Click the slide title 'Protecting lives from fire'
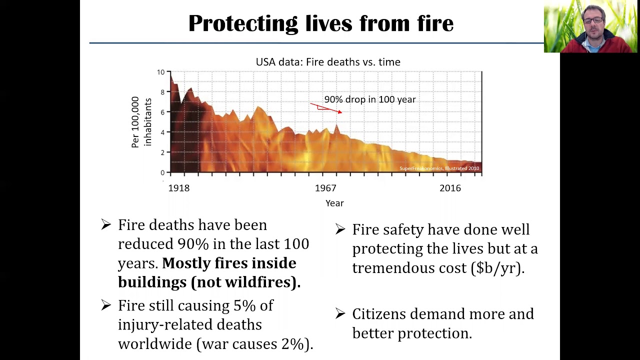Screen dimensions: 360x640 [320, 23]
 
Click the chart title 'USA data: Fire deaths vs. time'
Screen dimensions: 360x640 [328, 62]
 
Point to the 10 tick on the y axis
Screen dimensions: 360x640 [160, 72]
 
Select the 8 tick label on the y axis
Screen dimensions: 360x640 [162, 92]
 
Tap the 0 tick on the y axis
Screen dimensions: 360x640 [162, 173]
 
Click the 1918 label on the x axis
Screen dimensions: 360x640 [178, 188]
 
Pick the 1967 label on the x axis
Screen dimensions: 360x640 [325, 188]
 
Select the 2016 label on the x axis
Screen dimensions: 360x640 [450, 188]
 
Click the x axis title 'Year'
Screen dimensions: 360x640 [334, 203]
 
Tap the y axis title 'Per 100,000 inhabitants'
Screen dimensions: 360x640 [141, 122]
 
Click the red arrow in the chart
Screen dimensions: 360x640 [326, 108]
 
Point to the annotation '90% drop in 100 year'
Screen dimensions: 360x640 [370, 99]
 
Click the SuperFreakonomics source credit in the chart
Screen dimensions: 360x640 [439, 168]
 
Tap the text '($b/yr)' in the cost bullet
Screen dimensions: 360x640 [497, 268]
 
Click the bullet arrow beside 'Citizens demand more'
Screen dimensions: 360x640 [340, 313]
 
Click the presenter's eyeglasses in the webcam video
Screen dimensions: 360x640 [593, 20]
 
